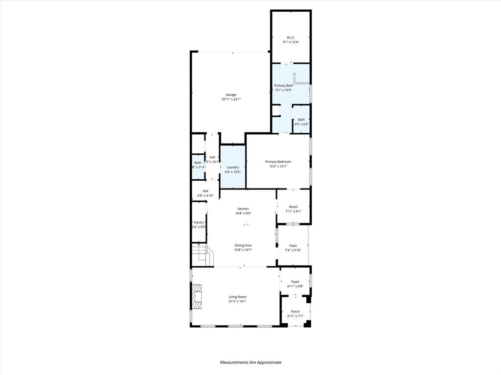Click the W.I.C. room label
click(291, 38)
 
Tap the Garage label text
click(231, 95)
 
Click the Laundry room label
click(232, 167)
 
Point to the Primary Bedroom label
click(278, 162)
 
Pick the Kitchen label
click(243, 208)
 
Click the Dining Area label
click(243, 245)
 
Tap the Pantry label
click(199, 222)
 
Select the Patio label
click(293, 246)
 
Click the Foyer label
click(295, 282)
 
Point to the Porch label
click(295, 312)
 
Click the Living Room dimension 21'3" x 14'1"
click(238, 301)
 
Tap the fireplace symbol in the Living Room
click(197, 296)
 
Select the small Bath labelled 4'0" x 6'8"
click(301, 122)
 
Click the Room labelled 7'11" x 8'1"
click(293, 209)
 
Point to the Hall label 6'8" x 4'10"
click(205, 193)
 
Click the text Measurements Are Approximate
click(250, 362)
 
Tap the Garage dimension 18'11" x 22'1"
click(231, 99)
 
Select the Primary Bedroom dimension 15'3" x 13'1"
click(278, 166)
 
